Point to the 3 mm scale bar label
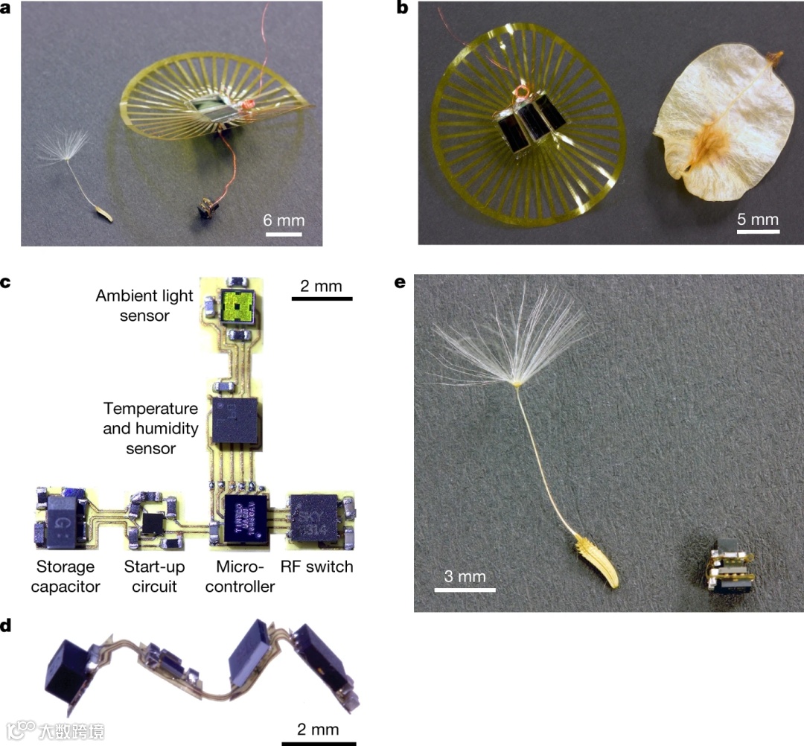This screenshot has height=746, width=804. (x=465, y=576)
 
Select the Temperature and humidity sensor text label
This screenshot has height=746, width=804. (x=150, y=428)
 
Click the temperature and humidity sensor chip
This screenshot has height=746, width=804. (x=236, y=421)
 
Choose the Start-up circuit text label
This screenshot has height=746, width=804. (x=154, y=576)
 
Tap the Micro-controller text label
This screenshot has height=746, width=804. (x=240, y=576)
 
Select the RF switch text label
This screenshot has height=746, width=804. (x=316, y=567)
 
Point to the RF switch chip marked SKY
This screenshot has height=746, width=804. (x=312, y=515)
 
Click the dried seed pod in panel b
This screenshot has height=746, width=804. (x=715, y=122)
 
